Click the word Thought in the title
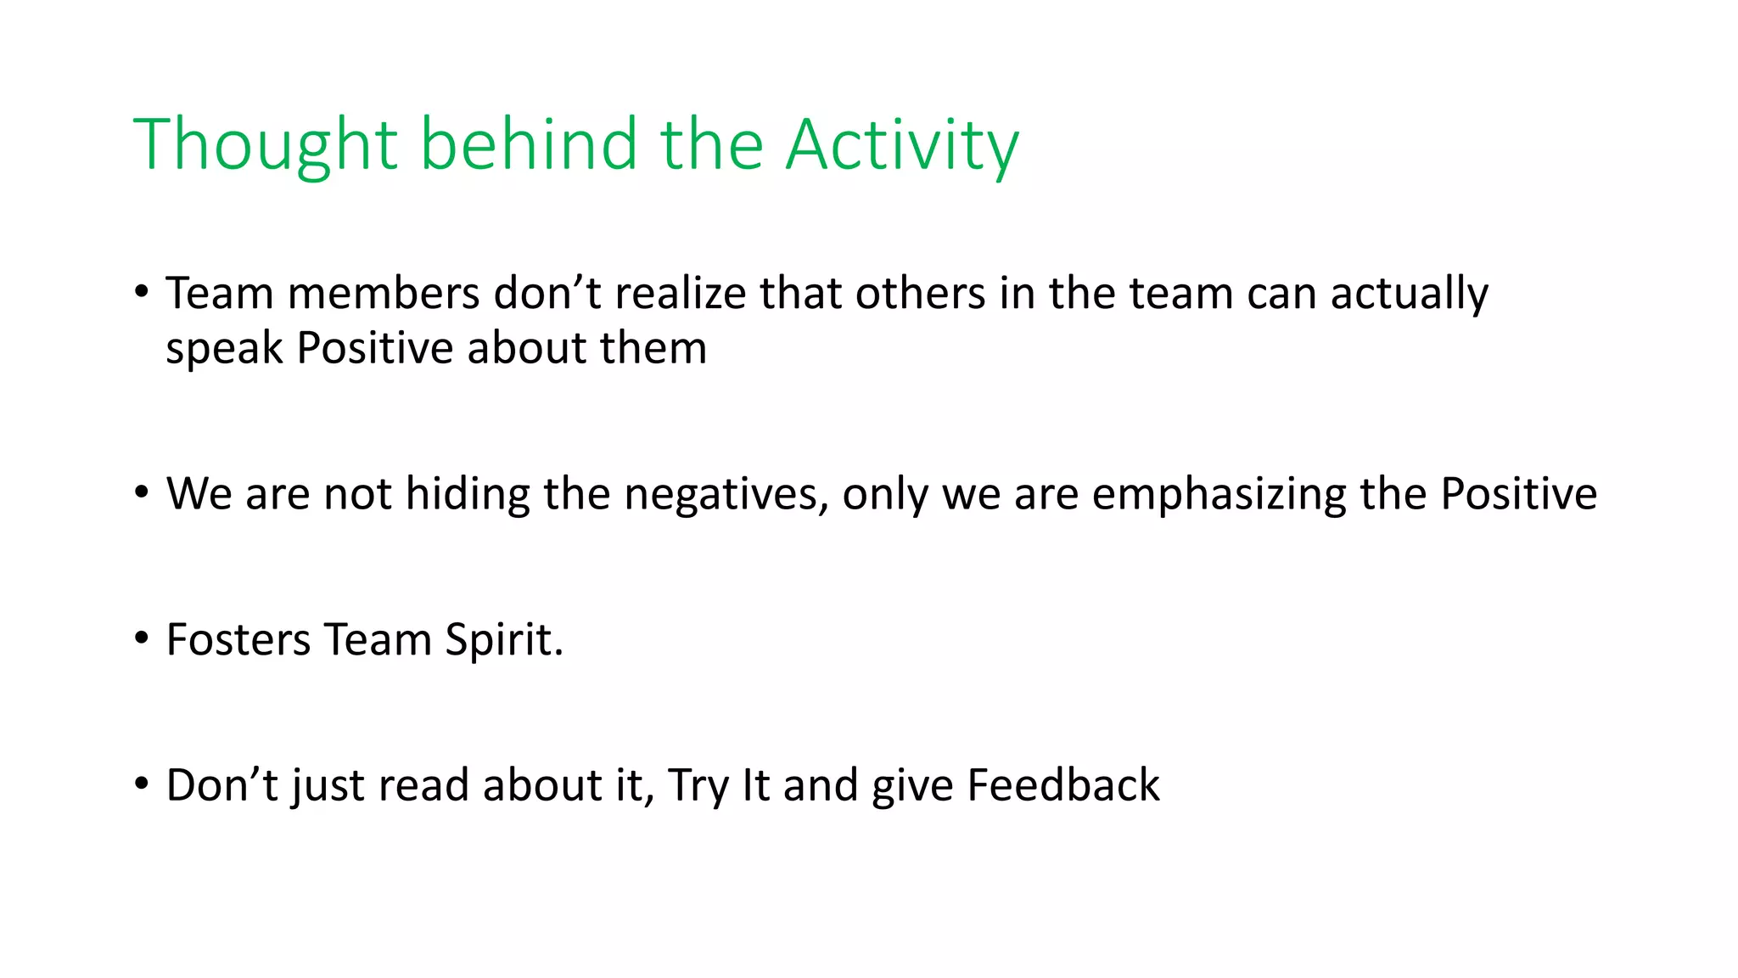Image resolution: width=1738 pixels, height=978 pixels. [266, 144]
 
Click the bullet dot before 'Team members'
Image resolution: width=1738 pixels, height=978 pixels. [142, 292]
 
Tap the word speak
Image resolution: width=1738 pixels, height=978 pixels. [224, 349]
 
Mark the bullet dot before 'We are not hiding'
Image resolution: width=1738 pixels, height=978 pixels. [142, 492]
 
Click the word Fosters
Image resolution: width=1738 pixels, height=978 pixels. [238, 639]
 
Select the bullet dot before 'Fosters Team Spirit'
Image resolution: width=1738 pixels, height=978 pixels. [142, 638]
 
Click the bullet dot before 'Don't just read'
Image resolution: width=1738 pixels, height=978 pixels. [142, 784]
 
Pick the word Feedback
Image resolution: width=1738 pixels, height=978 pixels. [1063, 784]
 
